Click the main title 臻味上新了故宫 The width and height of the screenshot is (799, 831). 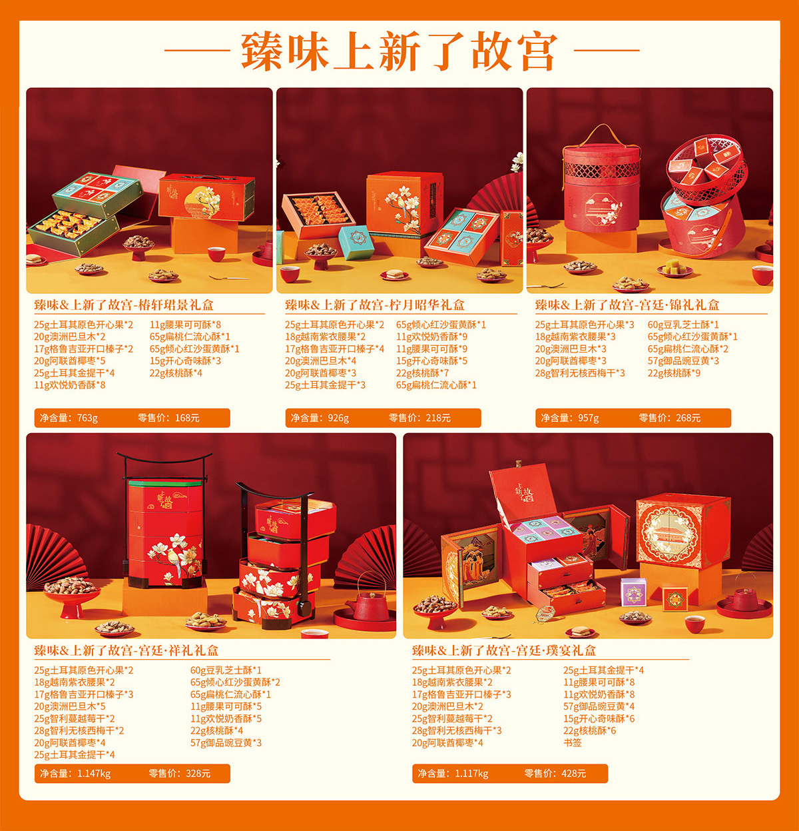[x=400, y=51]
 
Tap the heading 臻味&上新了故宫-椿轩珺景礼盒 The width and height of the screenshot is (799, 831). [x=124, y=305]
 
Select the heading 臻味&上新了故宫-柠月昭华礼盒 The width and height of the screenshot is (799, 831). [x=375, y=305]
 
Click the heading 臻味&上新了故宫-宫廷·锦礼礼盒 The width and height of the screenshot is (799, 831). [x=627, y=305]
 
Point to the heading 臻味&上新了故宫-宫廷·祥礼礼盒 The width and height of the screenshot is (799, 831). [x=127, y=650]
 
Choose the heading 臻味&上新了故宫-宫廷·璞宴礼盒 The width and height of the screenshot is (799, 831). [x=504, y=650]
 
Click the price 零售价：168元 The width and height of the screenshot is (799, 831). [x=168, y=418]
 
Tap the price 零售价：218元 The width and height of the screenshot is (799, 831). [x=419, y=418]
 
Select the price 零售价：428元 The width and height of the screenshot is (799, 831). [x=555, y=773]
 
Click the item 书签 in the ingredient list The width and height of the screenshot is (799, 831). [x=573, y=742]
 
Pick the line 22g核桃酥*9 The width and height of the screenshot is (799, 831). [x=674, y=373]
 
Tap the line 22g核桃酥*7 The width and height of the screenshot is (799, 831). [x=422, y=373]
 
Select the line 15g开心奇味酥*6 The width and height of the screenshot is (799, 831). [x=599, y=718]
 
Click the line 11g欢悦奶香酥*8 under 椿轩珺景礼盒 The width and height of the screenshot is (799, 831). [x=69, y=385]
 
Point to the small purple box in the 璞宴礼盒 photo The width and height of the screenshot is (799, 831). [x=633, y=592]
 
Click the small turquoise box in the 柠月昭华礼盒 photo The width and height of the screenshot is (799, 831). [x=356, y=242]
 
